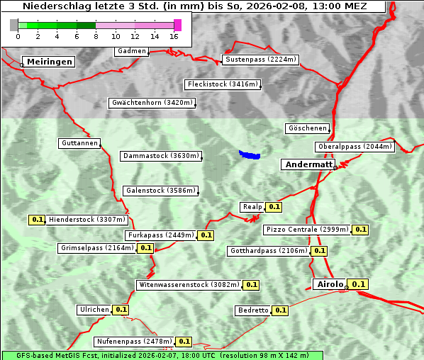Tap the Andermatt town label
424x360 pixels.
point(308,164)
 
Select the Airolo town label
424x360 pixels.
point(330,284)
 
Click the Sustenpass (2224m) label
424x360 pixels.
point(261,60)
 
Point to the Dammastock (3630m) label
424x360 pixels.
point(161,156)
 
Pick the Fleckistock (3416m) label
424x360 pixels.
point(222,84)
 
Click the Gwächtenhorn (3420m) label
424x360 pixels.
point(152,103)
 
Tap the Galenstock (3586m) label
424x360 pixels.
point(160,191)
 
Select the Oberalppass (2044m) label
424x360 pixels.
point(354,147)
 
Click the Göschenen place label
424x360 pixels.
point(307,128)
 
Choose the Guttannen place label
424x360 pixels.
point(79,143)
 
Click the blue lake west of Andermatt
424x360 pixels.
point(250,154)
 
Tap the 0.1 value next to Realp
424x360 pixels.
point(274,207)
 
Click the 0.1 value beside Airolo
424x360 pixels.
point(359,284)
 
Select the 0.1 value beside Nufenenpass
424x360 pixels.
point(184,342)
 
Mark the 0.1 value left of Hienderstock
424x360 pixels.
point(38,220)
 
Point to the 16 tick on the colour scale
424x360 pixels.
point(174,36)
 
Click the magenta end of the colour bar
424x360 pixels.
point(177,25)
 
